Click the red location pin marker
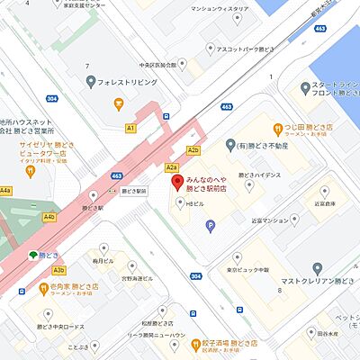(177, 184)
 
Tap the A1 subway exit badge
(130, 129)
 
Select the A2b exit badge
(193, 150)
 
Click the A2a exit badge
(171, 166)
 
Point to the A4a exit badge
(5, 191)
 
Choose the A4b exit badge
(49, 217)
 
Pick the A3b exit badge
(58, 270)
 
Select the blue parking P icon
(211, 227)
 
